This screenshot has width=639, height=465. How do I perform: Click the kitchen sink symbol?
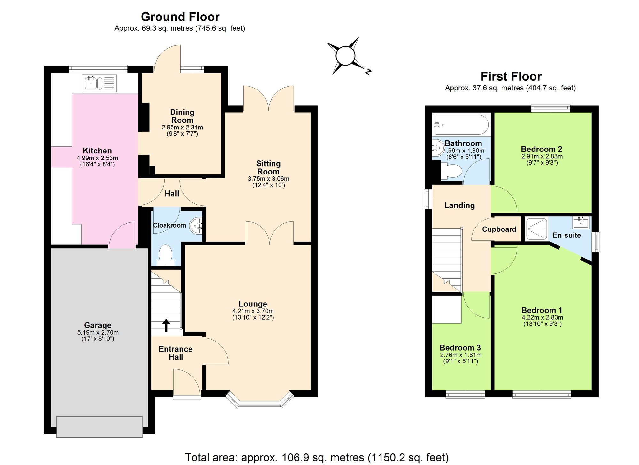(x=99, y=83)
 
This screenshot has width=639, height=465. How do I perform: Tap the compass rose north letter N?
(x=368, y=72)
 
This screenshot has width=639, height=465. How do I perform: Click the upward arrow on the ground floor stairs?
(x=166, y=325)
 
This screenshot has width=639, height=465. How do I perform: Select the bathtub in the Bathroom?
(x=461, y=125)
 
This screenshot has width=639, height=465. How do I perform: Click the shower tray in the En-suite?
(x=537, y=229)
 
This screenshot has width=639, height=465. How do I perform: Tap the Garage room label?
(x=97, y=325)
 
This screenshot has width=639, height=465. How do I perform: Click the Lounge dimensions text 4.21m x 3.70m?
(x=253, y=311)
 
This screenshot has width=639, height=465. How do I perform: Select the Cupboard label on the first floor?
(x=499, y=229)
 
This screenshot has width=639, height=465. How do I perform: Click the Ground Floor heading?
(x=180, y=17)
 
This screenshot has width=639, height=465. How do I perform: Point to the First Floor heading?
(x=511, y=76)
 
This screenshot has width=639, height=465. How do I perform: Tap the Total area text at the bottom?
(x=317, y=457)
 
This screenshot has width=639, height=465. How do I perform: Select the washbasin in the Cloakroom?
(x=196, y=226)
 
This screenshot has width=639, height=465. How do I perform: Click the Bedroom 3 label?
(x=460, y=347)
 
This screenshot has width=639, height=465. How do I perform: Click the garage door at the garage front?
(x=99, y=427)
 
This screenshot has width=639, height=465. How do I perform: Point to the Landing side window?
(x=427, y=199)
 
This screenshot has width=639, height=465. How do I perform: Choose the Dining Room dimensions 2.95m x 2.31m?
(x=182, y=127)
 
